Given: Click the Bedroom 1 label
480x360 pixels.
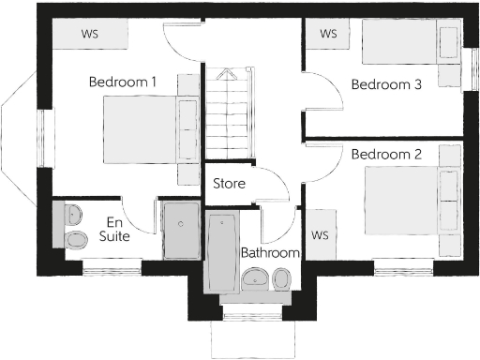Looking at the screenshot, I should pyautogui.click(x=122, y=82).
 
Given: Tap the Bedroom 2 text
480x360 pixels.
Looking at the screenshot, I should pyautogui.click(x=385, y=153).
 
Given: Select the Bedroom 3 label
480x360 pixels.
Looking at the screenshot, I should pyautogui.click(x=385, y=84).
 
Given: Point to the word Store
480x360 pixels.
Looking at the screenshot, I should pyautogui.click(x=229, y=184).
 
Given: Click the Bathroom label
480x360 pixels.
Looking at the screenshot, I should pyautogui.click(x=270, y=253).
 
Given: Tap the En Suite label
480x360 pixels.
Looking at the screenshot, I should pyautogui.click(x=114, y=230).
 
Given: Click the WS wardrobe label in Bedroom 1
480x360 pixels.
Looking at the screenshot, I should pyautogui.click(x=90, y=34).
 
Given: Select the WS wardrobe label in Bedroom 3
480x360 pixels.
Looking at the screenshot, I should pyautogui.click(x=328, y=34).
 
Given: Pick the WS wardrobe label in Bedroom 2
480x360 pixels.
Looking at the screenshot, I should pyautogui.click(x=320, y=234).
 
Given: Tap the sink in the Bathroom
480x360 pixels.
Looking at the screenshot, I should pyautogui.click(x=253, y=278).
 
